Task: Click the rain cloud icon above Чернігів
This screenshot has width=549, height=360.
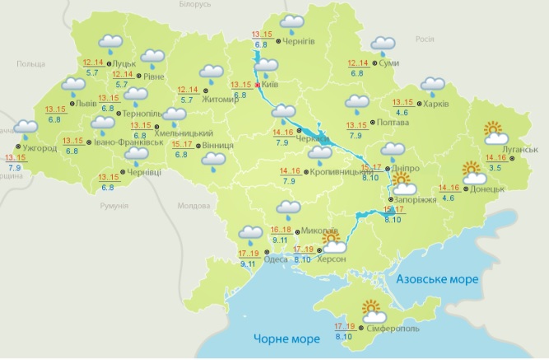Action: click(x=291, y=23)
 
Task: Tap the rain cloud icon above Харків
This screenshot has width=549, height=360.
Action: click(x=432, y=86)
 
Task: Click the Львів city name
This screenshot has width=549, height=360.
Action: click(x=86, y=105)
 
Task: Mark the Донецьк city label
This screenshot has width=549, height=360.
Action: click(x=486, y=187)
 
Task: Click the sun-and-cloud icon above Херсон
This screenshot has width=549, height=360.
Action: click(x=334, y=241)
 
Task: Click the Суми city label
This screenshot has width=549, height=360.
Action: click(x=390, y=63)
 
